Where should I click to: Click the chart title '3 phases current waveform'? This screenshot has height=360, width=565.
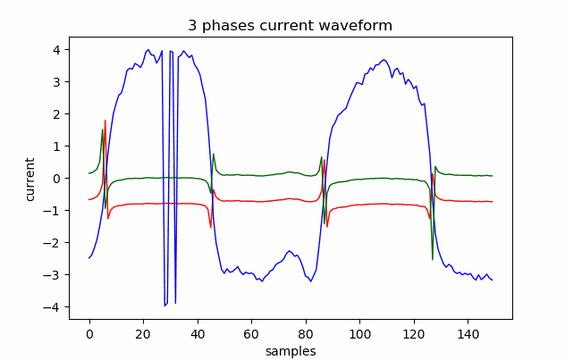[290, 26]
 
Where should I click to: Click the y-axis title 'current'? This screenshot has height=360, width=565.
[30, 179]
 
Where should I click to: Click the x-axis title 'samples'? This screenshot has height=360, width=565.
[290, 351]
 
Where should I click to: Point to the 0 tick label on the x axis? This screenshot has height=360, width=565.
[89, 333]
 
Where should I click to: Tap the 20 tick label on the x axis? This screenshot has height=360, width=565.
[143, 333]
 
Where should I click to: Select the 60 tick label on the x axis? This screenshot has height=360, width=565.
[251, 333]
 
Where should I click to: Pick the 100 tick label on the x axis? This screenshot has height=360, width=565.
[359, 333]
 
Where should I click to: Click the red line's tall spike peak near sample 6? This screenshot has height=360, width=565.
[105, 121]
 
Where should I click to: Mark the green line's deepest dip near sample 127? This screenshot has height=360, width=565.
[433, 260]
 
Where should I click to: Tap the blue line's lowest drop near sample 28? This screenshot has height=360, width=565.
[164, 306]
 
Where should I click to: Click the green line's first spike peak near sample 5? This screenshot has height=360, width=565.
[103, 130]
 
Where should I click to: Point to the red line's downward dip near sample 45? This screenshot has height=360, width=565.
[211, 228]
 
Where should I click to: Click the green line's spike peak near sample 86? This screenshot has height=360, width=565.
[321, 157]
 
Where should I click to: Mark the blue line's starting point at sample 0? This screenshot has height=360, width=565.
[89, 258]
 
